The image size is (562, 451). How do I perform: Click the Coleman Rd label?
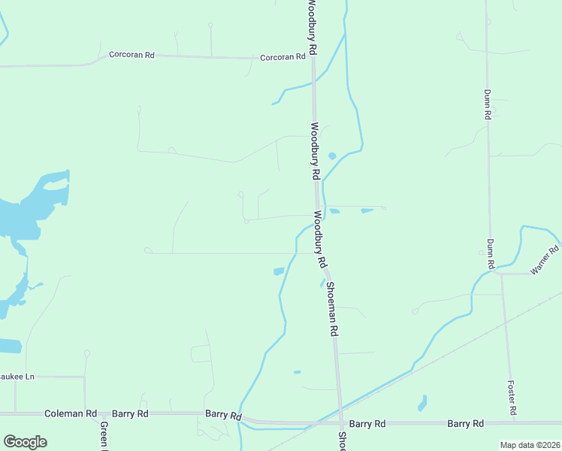[71, 413]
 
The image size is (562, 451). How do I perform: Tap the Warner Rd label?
[545, 259]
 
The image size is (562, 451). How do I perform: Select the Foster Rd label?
[512, 397]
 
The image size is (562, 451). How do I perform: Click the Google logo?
[25, 442]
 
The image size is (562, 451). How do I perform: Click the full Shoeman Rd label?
[331, 309]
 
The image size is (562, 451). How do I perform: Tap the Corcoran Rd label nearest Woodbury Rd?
[283, 57]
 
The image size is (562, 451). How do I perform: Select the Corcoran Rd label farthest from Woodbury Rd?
[131, 55]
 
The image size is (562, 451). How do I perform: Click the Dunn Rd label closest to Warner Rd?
[490, 254]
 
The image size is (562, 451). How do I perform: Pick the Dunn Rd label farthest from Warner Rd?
[487, 104]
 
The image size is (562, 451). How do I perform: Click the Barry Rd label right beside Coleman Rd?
[130, 413]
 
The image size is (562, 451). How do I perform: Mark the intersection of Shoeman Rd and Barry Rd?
[342, 423]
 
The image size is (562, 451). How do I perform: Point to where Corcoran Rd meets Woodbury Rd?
[313, 59]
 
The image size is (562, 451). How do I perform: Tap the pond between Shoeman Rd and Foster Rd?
[422, 403]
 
